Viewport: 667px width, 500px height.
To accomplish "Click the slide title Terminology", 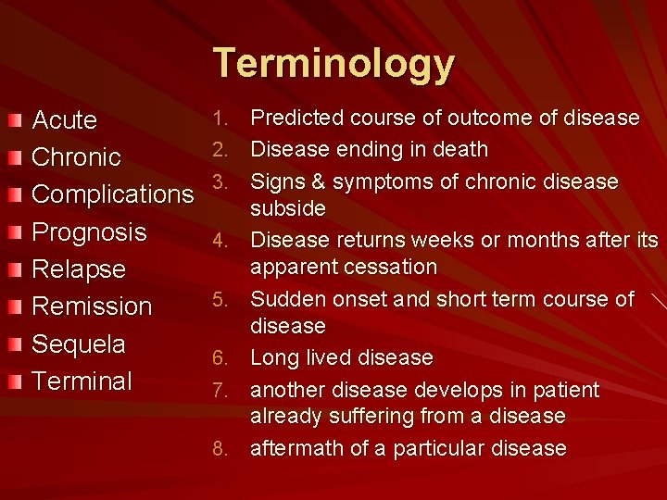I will click(333, 64).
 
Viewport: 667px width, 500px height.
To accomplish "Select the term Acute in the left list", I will click(65, 120).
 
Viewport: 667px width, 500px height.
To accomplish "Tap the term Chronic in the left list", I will click(76, 157).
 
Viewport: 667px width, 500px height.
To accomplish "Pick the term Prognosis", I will click(89, 231).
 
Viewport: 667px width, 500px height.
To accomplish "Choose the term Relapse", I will click(79, 269).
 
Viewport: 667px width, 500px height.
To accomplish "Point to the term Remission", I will click(92, 306).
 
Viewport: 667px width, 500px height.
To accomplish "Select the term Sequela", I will click(79, 344).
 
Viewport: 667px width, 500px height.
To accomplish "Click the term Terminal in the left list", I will click(82, 381).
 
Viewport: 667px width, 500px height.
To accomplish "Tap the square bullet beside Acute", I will click(12, 121).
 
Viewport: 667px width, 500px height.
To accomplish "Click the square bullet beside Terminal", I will click(12, 381).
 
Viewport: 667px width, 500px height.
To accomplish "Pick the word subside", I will click(288, 207).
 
